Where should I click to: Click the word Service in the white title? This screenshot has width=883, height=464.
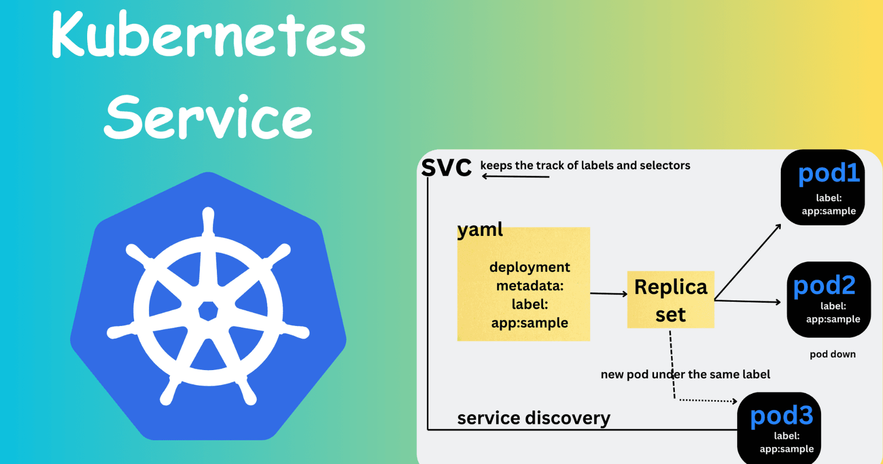point(208,117)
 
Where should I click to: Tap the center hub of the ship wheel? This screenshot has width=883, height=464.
point(208,310)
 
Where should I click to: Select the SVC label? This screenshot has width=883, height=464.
point(446,167)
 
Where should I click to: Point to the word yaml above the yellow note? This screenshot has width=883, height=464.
point(480,229)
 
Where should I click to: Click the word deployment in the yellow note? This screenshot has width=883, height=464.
point(529,267)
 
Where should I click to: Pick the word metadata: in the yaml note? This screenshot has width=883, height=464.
point(530,286)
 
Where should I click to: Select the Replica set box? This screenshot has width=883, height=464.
point(671,300)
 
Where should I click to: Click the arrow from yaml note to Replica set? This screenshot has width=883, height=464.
point(609,294)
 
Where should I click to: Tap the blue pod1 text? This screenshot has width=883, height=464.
point(829,173)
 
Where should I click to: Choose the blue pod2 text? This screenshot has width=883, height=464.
point(824,286)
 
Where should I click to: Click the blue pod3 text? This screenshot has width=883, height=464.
point(781,415)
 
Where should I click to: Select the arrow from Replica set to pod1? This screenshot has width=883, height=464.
point(748,262)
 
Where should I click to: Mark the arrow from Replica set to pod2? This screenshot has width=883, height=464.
point(748,301)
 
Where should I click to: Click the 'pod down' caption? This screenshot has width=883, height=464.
point(832,354)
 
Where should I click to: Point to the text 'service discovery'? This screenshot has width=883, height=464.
point(534,418)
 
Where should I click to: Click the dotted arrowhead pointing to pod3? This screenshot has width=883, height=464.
point(734,401)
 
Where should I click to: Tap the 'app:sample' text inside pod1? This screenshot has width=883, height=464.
point(828,211)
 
